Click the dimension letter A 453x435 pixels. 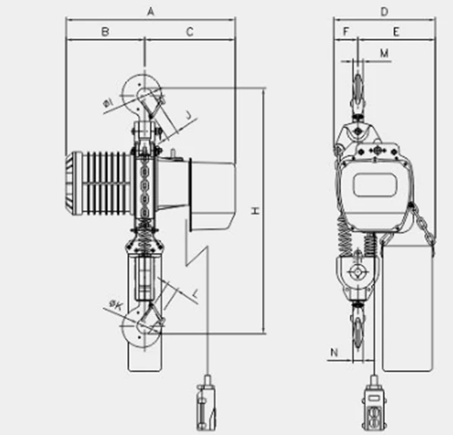tap(151, 11)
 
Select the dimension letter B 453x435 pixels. tap(105, 31)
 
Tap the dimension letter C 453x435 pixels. tap(189, 32)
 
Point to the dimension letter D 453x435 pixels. tap(384, 12)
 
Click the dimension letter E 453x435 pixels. tap(396, 32)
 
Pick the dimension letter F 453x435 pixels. tap(346, 31)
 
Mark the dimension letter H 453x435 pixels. tap(255, 211)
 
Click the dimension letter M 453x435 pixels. tap(384, 53)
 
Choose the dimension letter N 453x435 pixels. tap(333, 352)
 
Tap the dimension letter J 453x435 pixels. tap(189, 115)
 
